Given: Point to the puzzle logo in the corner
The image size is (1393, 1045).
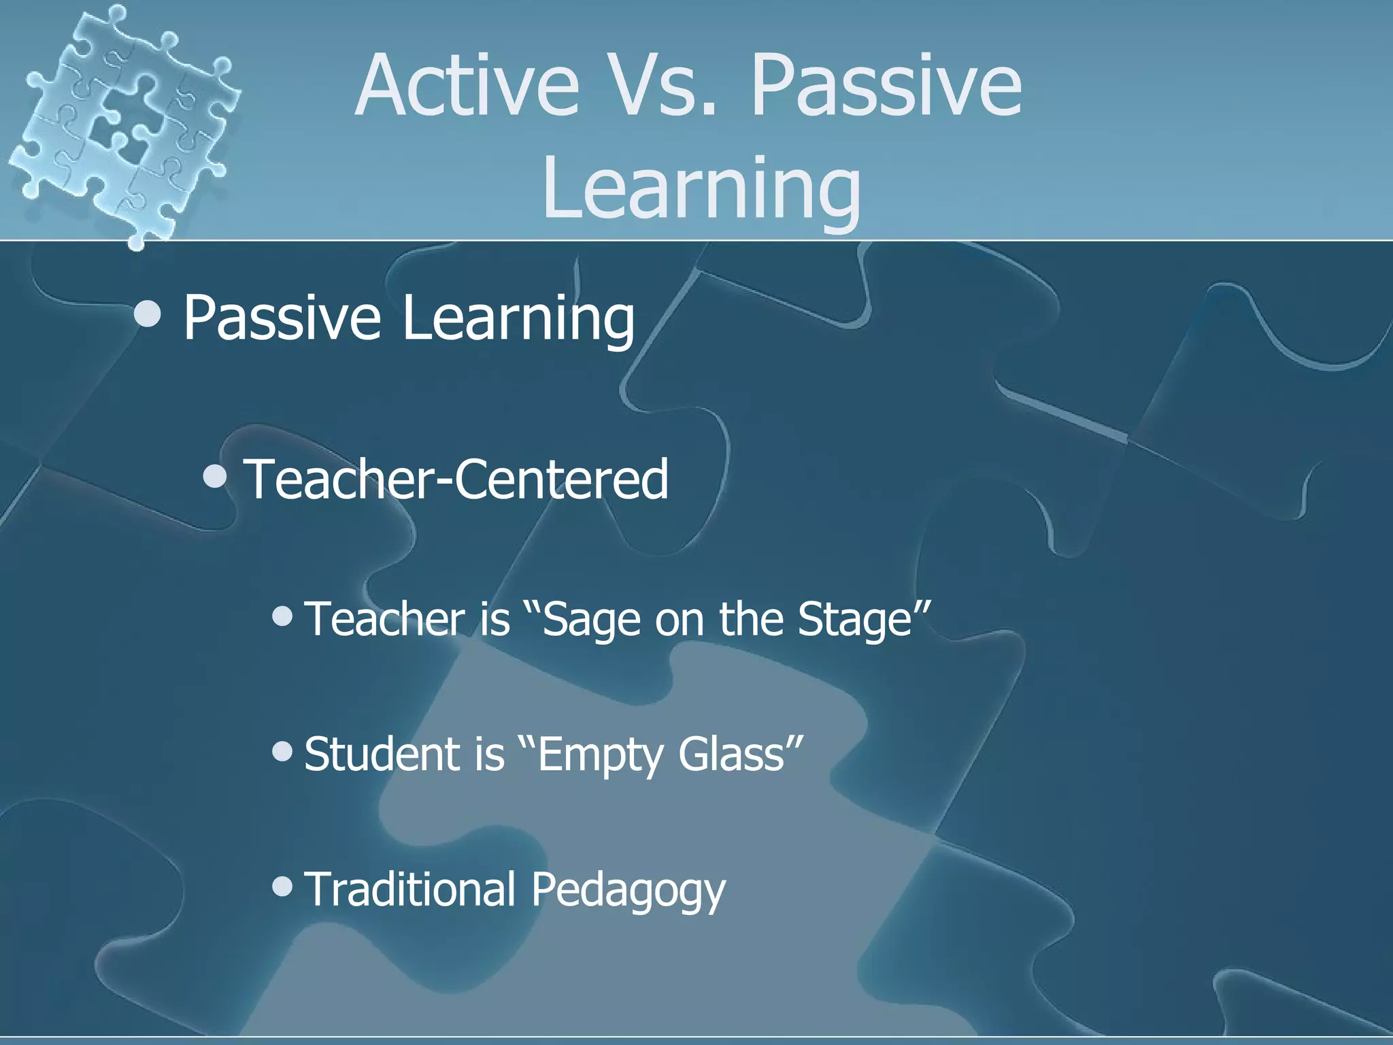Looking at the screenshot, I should click(x=122, y=122).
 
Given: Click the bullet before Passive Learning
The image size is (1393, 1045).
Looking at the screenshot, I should click(x=148, y=314).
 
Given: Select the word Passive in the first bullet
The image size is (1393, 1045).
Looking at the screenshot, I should click(x=282, y=318).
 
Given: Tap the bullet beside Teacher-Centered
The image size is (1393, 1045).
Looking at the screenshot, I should click(x=215, y=477).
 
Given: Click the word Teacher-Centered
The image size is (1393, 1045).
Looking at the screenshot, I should click(x=456, y=479).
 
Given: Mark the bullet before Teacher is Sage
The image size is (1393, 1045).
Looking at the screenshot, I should click(x=282, y=616).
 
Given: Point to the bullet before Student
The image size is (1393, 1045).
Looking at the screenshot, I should click(x=282, y=751).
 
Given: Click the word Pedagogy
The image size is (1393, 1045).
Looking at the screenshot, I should click(x=628, y=890).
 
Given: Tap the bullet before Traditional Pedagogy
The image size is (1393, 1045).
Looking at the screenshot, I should click(x=282, y=886).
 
